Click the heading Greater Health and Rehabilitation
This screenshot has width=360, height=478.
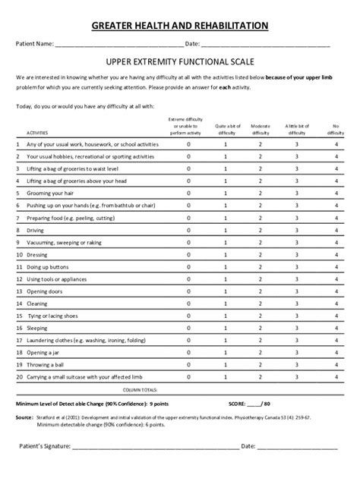(x=180, y=25)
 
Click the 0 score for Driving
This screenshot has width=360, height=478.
(x=189, y=230)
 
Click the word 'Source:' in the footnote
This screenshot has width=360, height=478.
(x=24, y=417)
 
